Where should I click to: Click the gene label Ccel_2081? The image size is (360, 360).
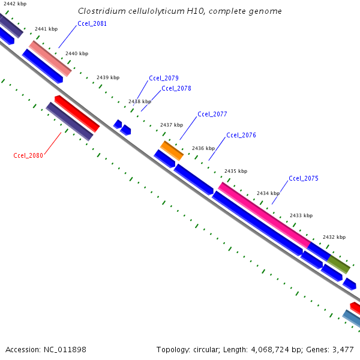tap(92, 24)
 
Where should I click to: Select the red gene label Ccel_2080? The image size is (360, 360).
tap(28, 155)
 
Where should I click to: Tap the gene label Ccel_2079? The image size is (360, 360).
tap(164, 78)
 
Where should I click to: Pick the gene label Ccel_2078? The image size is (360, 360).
tap(176, 88)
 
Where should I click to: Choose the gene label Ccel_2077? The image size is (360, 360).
tap(212, 114)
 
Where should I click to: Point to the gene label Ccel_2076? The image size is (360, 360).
tap(241, 135)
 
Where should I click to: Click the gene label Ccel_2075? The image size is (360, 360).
tap(304, 178)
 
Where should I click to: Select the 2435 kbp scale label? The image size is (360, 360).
tap(236, 171)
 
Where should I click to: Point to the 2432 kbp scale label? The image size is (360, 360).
tap(334, 237)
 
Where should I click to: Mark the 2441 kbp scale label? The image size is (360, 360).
tap(46, 29)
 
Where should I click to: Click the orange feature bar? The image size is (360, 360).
tap(172, 150)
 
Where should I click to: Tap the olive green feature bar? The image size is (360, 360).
tap(338, 264)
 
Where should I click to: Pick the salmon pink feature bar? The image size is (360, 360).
tap(50, 58)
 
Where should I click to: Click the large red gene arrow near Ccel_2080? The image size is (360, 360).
tap(77, 113)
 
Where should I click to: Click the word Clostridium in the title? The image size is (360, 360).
tap(103, 11)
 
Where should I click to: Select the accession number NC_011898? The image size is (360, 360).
tap(65, 349)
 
